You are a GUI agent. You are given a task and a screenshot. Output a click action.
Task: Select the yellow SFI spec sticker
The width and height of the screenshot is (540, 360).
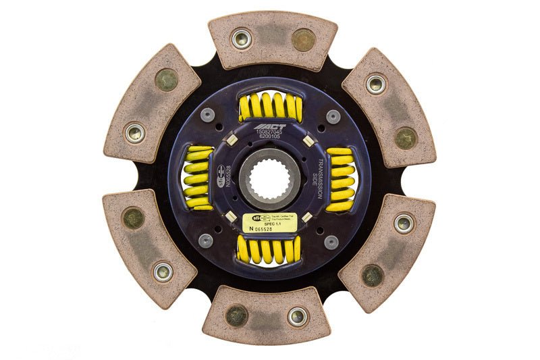coord(269,224)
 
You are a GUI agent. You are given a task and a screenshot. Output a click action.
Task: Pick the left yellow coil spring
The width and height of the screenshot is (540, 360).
coord(197,178)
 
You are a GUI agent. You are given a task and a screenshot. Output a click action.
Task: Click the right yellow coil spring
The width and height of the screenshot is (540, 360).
coord(341,179)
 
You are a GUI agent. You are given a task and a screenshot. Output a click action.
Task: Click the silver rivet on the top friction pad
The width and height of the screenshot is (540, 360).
coord(241,38)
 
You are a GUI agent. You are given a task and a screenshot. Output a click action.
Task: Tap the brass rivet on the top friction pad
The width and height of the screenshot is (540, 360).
coord(303,39)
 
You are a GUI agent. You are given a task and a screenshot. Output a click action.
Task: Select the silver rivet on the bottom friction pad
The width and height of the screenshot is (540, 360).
coord(298,316)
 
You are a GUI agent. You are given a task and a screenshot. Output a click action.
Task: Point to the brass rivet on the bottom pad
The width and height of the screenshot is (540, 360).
coord(236,315)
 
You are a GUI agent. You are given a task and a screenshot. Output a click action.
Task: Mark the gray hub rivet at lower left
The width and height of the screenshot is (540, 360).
coord(206,240)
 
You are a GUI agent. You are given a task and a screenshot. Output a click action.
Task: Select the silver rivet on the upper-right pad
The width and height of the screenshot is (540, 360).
coord(376,84)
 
